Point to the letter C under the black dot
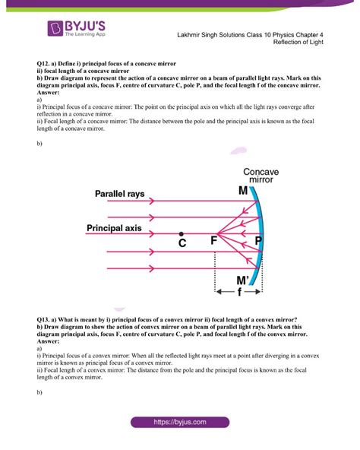point(182,243)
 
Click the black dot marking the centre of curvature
point(181,234)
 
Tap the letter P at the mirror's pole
point(259,241)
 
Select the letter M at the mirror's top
point(243,192)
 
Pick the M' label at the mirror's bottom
point(245,280)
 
